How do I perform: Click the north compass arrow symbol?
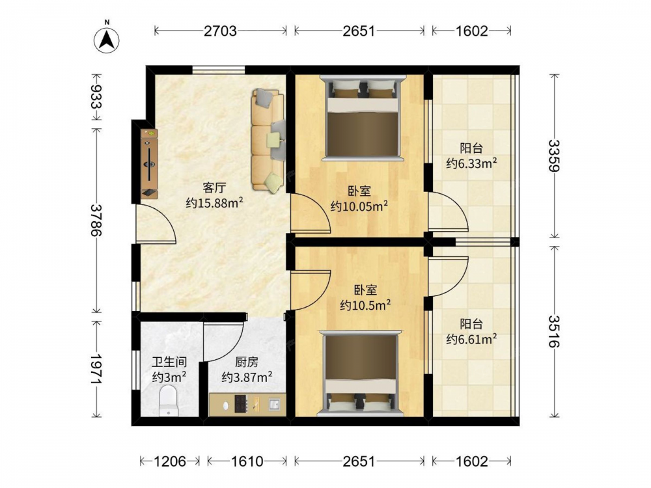107,40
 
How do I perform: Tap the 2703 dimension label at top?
220,31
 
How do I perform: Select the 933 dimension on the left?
96,97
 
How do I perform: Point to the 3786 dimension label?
96,220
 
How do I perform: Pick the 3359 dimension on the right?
554,156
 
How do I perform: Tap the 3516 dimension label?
554,332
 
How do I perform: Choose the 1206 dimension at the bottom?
170,461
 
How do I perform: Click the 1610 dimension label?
247,461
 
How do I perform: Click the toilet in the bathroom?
169,400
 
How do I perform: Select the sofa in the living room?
268,141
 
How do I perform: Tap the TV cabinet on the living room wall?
149,163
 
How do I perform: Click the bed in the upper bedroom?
362,117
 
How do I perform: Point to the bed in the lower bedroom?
360,373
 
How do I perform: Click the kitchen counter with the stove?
247,404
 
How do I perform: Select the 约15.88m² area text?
214,203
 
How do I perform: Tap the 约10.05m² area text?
359,206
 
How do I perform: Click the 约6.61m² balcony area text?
471,339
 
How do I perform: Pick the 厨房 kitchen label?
247,362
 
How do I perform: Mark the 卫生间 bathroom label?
169,362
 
